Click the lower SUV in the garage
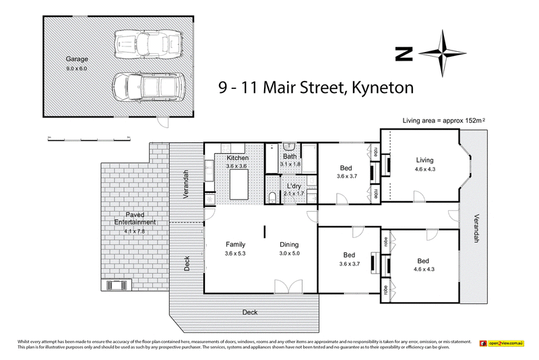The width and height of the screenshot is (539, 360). (146, 86)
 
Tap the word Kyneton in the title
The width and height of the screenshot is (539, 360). (381, 87)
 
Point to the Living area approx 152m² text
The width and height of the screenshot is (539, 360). (444, 120)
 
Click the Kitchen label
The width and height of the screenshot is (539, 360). (228, 158)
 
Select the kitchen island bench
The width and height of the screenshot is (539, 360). (240, 182)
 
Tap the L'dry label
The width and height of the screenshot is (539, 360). (293, 186)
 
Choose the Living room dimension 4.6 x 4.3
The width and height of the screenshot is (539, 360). (424, 170)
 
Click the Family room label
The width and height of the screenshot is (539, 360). (234, 245)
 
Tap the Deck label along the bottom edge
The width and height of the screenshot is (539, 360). (251, 312)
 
